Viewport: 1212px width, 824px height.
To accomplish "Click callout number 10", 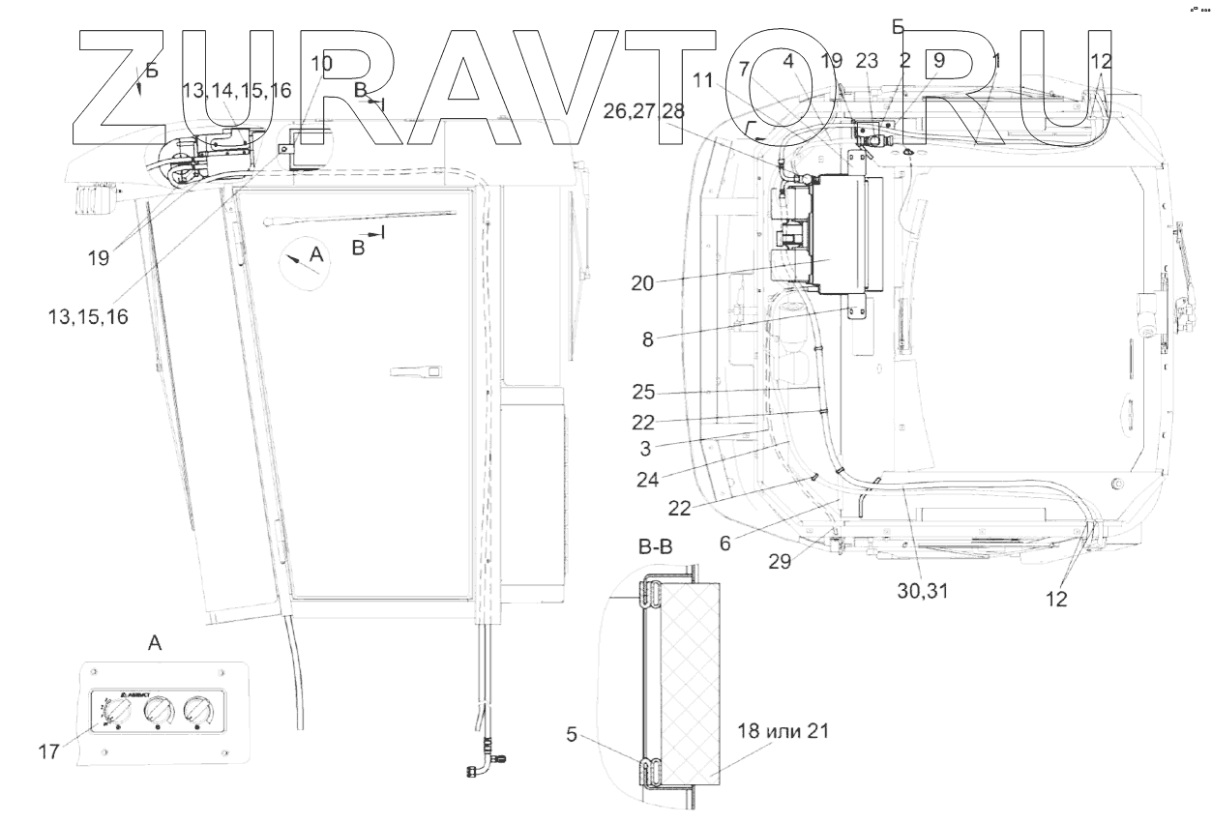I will tap(321, 64).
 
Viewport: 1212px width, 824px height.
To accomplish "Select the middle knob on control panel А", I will tap(158, 713).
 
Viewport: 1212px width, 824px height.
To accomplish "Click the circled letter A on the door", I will tap(303, 262).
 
